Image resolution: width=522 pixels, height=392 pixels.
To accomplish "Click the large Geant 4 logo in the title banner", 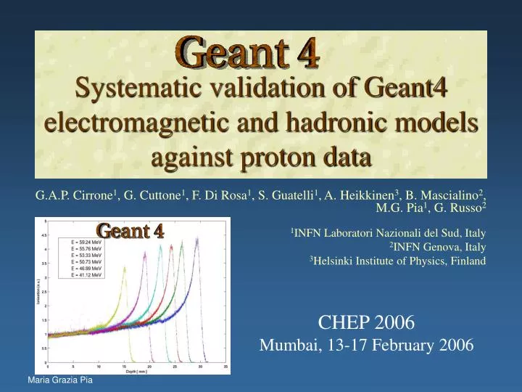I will coord(247,54).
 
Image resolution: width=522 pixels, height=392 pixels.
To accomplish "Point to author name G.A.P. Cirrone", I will coord(75,195).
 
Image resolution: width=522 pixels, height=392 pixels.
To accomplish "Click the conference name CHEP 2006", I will coord(366,322).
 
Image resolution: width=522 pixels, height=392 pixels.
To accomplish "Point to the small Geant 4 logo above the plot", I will coord(130,232).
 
